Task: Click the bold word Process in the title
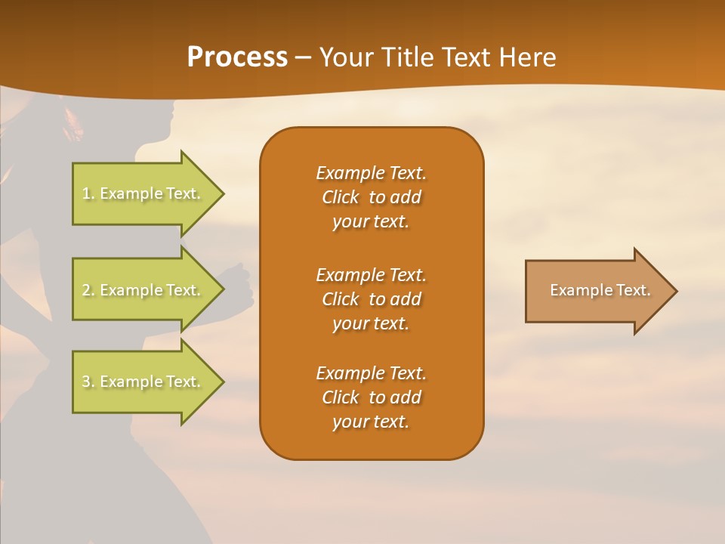pos(237,57)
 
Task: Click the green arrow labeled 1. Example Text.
pos(141,193)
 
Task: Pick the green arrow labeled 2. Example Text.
pos(141,290)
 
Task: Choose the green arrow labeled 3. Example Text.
pos(141,382)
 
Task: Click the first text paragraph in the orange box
pos(371,197)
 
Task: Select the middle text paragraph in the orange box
pos(371,299)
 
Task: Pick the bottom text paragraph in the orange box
pos(371,397)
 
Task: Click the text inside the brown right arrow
pos(600,290)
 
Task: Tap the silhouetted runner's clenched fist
pos(240,286)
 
